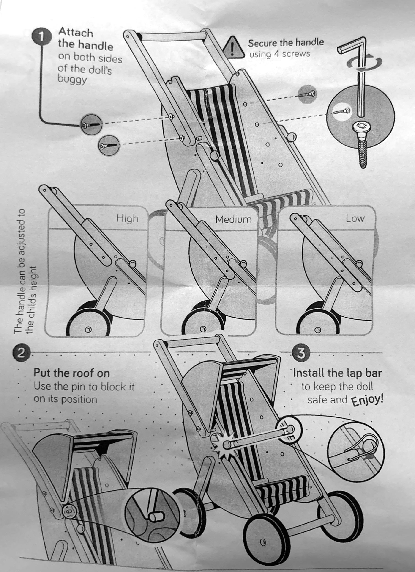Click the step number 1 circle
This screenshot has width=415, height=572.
click(x=42, y=37)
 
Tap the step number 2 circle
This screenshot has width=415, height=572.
click(x=22, y=353)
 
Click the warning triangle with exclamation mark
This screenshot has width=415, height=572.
click(x=234, y=47)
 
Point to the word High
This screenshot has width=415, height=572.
click(x=127, y=218)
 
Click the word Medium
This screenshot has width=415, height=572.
click(x=233, y=219)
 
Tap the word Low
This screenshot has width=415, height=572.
click(x=355, y=218)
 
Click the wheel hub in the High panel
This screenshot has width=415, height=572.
click(x=88, y=330)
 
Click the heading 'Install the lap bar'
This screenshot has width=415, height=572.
click(x=337, y=373)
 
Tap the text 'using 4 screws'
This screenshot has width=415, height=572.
click(x=279, y=54)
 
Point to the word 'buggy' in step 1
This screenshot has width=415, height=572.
click(x=72, y=79)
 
